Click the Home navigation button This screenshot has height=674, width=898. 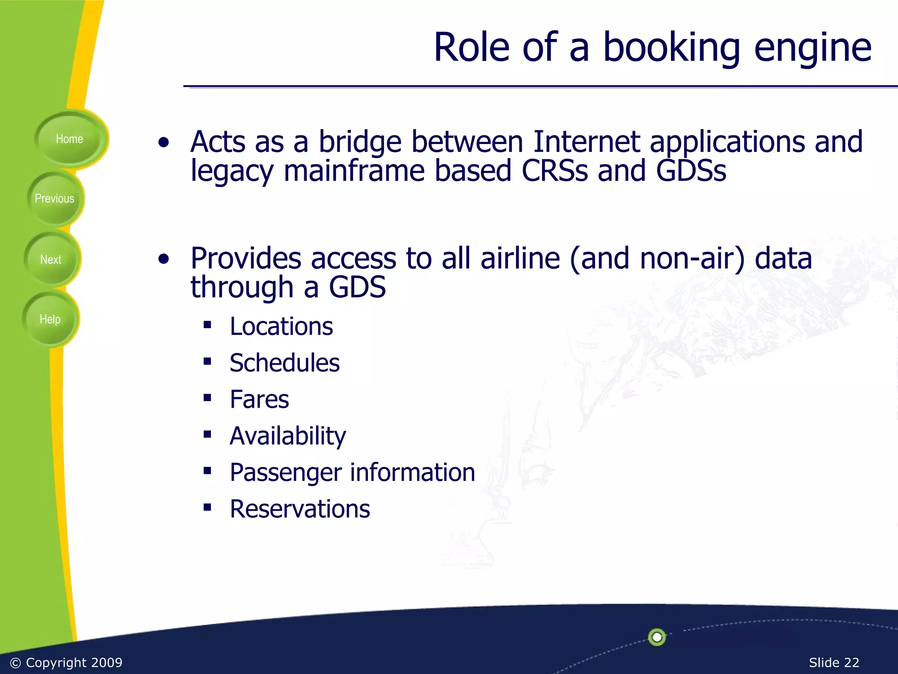[69, 139]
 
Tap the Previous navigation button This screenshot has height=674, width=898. [54, 199]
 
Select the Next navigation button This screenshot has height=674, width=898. [51, 260]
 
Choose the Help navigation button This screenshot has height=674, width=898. [50, 319]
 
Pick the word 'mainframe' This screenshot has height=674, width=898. [354, 171]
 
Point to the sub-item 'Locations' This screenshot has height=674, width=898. [281, 326]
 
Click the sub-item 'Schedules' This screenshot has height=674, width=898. [285, 363]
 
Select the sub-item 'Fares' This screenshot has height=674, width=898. [259, 399]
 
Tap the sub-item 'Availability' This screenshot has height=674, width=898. [288, 436]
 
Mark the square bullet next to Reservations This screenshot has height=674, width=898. [207, 508]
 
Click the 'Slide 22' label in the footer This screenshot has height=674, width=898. [834, 662]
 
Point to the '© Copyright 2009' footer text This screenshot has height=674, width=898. [66, 662]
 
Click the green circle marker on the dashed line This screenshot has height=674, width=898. [657, 637]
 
